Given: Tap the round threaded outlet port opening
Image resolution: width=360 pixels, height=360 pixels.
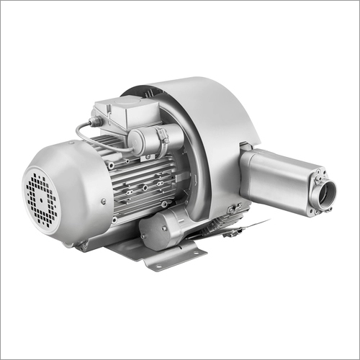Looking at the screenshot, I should [x=327, y=192].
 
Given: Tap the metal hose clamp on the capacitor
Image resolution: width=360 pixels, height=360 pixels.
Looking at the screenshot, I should [x=163, y=137].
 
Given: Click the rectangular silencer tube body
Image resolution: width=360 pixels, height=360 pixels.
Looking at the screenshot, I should [x=277, y=176].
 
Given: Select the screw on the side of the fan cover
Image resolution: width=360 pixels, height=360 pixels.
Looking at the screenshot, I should [x=104, y=202].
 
